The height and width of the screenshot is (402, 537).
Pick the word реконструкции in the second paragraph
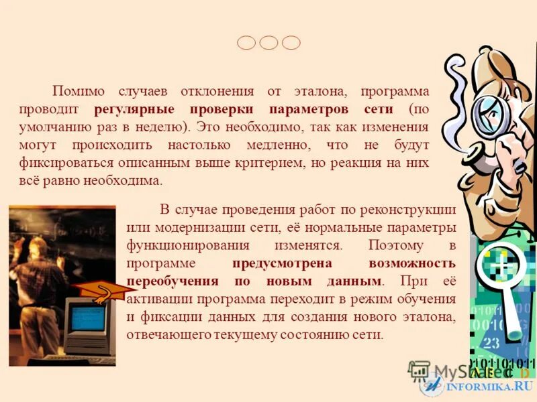click(412, 210)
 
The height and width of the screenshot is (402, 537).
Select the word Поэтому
click(395, 245)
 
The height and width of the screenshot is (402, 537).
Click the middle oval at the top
click(268, 43)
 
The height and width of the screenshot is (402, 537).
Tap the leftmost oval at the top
click(246, 43)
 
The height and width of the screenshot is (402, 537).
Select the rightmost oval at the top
click(291, 43)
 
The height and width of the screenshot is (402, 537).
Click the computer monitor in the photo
click(87, 321)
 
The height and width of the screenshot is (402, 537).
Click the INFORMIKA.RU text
click(489, 387)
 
